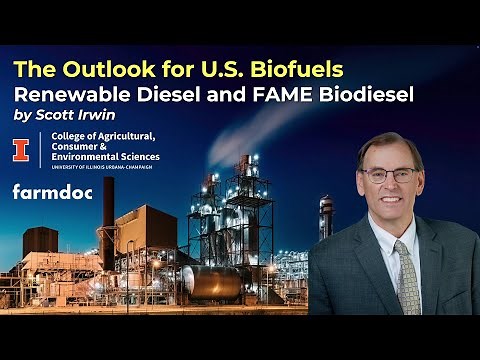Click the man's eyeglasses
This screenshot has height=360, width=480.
(x=390, y=174)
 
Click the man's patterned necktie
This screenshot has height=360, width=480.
(x=407, y=275)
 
